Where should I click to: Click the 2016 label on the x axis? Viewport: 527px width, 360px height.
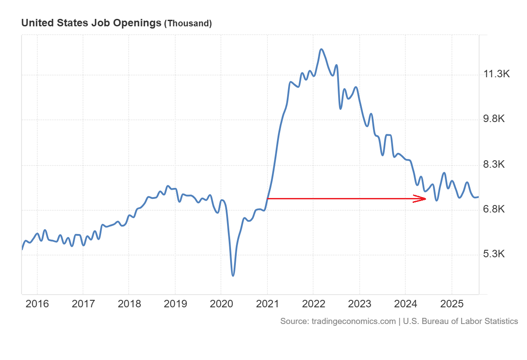coord(37,304)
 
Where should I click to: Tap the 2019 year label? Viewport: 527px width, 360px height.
coord(175,304)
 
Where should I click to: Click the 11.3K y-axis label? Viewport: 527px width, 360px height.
coord(496,74)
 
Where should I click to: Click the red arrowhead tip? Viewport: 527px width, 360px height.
coord(426,199)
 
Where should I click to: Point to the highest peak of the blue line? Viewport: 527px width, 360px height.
coord(321,49)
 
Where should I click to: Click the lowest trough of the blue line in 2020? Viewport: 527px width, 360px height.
coord(233,275)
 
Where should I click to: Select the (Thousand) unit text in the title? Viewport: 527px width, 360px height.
coord(188,23)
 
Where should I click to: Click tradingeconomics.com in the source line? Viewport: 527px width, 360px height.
coord(354,321)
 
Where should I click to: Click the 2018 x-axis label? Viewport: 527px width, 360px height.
coord(129,304)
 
